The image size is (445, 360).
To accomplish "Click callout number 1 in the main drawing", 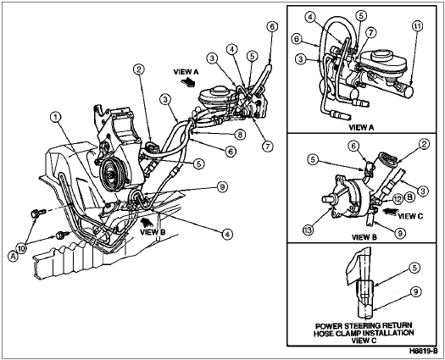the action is coord(56,117).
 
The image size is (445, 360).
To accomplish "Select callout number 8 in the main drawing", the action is coord(240,135).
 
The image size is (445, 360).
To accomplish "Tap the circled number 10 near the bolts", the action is coord(22,249).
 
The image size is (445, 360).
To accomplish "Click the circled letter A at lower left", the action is coord(13,257).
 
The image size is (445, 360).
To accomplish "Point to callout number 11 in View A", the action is coord(417,26).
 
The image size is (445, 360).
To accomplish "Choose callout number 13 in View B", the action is coord(309,230).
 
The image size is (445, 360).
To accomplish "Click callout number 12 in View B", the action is coord(398,199).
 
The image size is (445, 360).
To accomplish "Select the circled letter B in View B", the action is coord(409,197).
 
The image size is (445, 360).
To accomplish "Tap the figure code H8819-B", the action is coord(424,351).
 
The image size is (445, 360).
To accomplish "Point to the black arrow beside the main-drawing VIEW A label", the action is coord(189,81).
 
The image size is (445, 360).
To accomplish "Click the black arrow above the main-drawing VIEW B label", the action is coord(147,223).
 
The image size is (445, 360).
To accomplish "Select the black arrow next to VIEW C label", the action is coord(390,212).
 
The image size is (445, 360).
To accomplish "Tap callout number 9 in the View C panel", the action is coord(416,291).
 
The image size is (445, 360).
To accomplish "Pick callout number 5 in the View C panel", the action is coord(414,268).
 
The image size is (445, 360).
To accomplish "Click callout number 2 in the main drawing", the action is coord(139,69).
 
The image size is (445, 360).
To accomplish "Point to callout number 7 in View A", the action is coord(370,33).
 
